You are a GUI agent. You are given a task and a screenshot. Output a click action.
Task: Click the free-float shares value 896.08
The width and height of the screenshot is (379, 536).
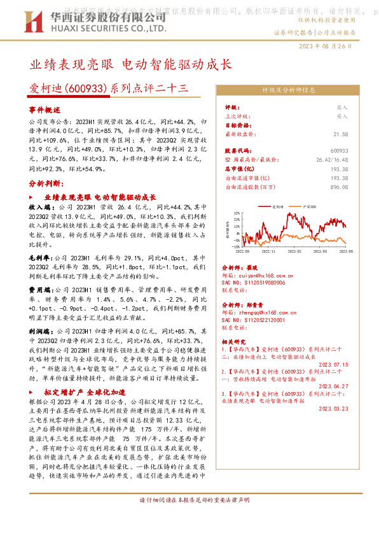point(340,187)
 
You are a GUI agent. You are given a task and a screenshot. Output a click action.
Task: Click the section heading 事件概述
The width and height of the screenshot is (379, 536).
point(44,109)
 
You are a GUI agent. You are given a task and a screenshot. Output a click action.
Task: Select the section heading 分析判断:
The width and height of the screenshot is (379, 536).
point(45,183)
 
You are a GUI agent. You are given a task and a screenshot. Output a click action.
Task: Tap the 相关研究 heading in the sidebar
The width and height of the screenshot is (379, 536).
point(237,341)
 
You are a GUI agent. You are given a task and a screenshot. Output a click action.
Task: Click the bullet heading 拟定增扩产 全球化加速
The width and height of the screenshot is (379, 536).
point(90,392)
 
